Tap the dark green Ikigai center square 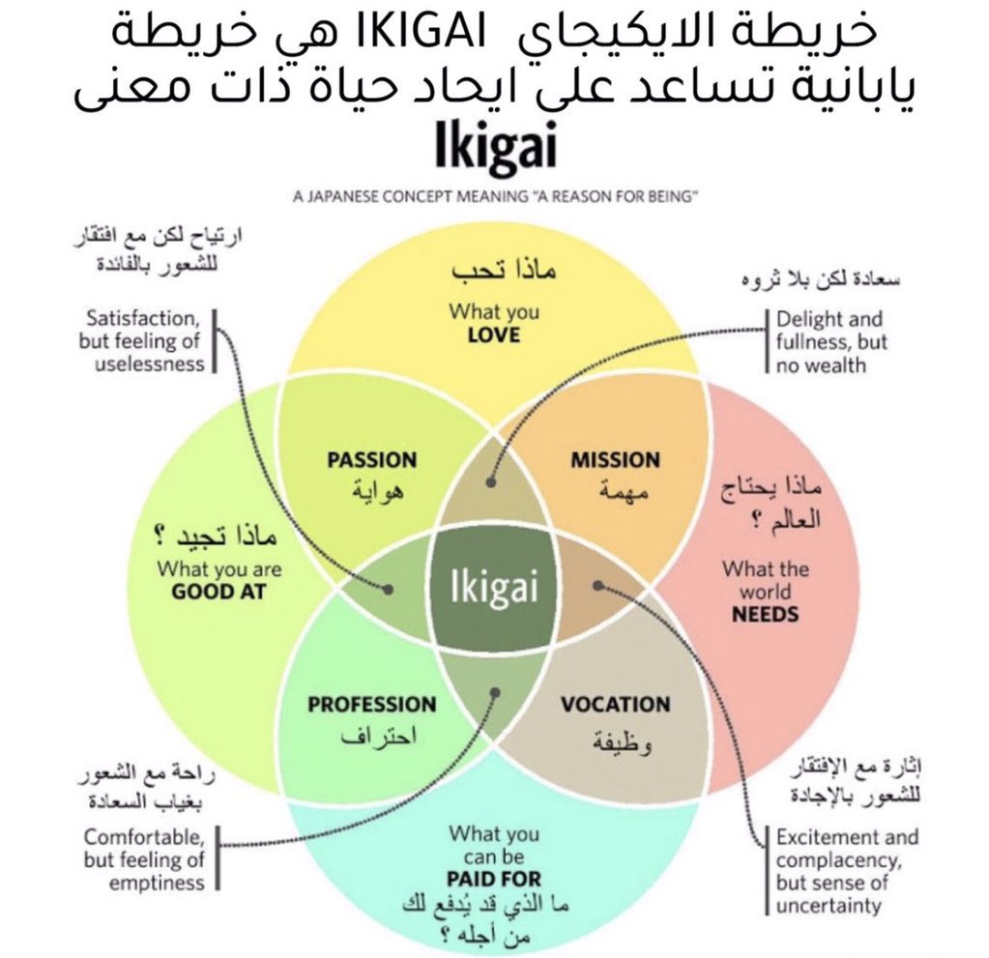tap(494, 588)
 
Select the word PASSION tap(371, 460)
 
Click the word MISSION tap(615, 460)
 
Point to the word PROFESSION tap(372, 704)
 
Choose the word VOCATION tap(615, 704)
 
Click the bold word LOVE tap(493, 335)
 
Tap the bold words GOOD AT tap(218, 591)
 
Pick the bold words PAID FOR tap(494, 880)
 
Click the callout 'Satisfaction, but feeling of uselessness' tap(142, 340)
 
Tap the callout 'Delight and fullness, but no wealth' tap(829, 342)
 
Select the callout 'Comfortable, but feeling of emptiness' tap(144, 859)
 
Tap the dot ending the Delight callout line tap(491, 480)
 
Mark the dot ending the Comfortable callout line tap(495, 692)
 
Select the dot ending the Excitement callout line tap(598, 585)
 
